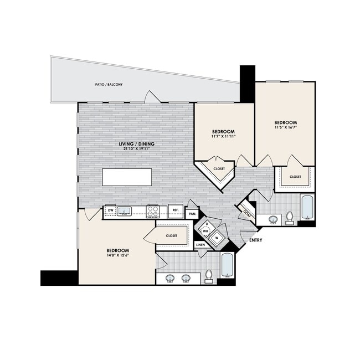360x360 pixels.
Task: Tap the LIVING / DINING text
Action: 136,144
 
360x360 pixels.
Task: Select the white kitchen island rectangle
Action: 127,177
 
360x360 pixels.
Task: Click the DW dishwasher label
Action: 110,210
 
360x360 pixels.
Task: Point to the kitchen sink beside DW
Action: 125,210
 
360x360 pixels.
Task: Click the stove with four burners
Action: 152,210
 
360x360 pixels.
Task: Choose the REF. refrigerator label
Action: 174,210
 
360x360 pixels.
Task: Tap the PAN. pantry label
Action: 192,213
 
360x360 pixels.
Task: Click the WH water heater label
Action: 205,233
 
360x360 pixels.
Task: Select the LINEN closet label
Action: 201,245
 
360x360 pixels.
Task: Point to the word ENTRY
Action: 255,240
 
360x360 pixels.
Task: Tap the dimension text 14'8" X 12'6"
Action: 117,256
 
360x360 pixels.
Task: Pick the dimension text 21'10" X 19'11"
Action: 136,150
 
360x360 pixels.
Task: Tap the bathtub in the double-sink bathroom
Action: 228,266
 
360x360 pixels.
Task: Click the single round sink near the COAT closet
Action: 273,220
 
